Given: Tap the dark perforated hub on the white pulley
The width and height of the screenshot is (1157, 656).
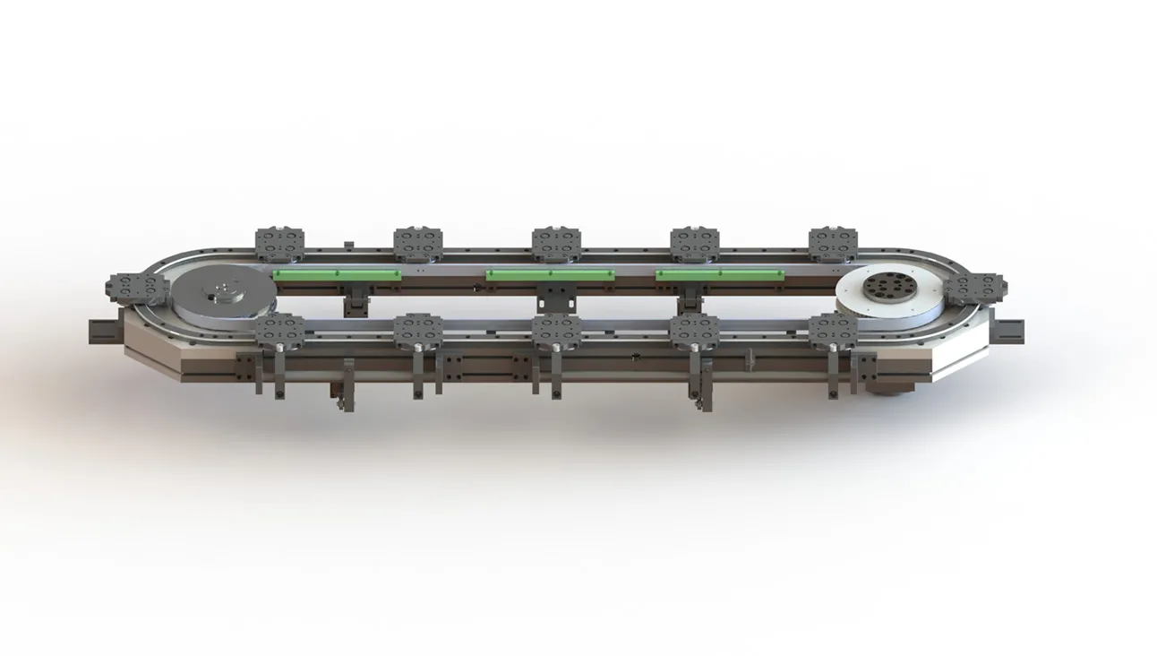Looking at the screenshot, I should (890, 288).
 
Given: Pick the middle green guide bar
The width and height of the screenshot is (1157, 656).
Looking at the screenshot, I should (549, 274).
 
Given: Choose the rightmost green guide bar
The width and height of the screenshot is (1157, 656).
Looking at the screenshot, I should (720, 274).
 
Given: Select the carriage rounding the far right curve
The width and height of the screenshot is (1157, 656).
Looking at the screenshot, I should (975, 289).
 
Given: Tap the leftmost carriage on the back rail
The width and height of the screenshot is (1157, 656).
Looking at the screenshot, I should (279, 244).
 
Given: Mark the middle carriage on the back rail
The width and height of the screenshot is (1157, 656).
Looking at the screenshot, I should (556, 244).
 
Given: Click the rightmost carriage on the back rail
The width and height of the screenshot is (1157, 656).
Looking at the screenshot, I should (833, 244).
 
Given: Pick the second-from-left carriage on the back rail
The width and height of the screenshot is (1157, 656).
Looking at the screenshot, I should (418, 244).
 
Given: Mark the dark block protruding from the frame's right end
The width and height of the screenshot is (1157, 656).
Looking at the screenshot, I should (1009, 329).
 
